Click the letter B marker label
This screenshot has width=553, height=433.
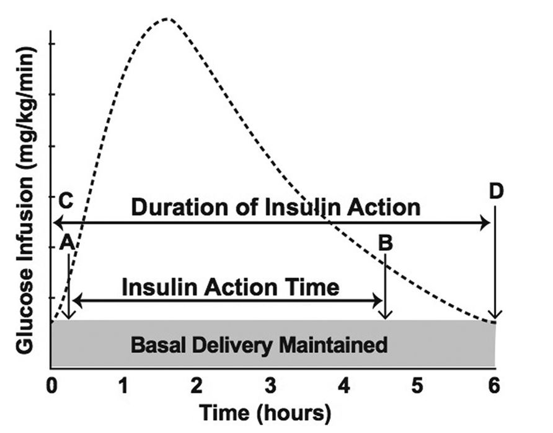[x=386, y=243]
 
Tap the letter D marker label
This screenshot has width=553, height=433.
[x=496, y=191]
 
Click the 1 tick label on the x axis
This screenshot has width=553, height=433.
[x=123, y=386]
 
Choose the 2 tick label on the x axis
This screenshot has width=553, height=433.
[x=197, y=386]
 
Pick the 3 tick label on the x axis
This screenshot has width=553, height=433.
[x=270, y=386]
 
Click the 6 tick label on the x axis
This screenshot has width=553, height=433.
[x=493, y=386]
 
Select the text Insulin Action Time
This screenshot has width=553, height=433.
[x=231, y=287]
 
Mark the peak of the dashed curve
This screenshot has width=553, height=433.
[x=167, y=19]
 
